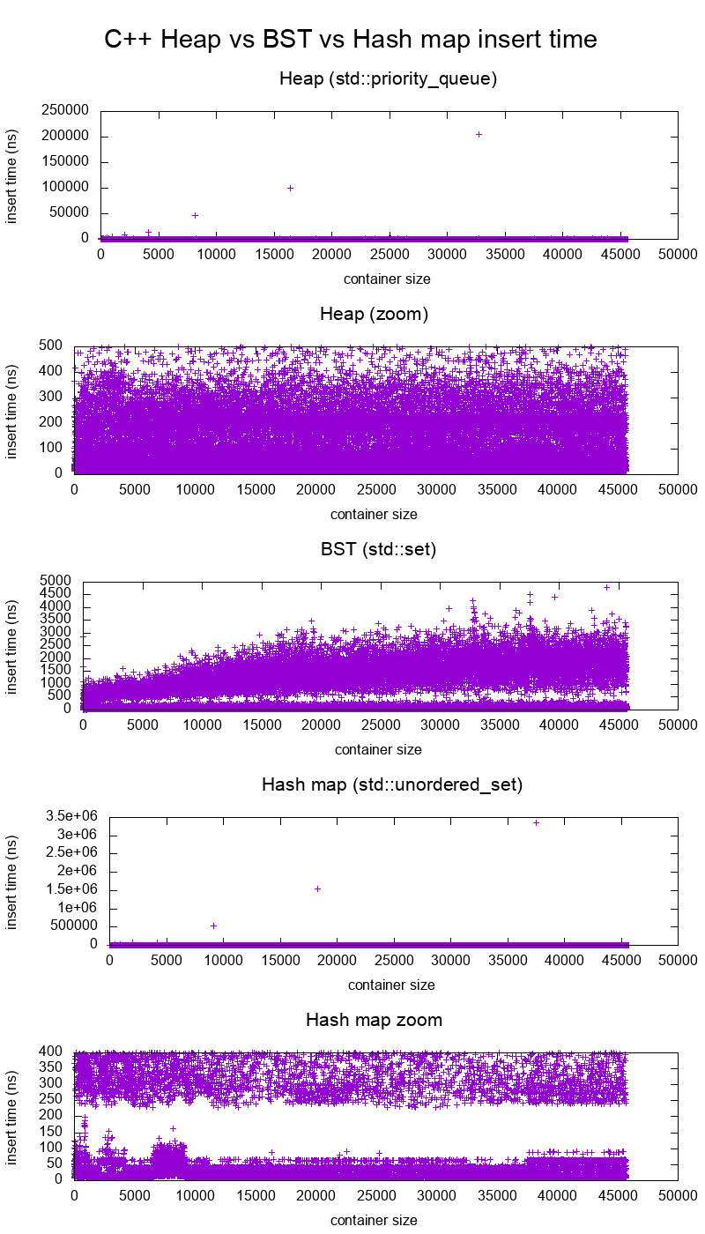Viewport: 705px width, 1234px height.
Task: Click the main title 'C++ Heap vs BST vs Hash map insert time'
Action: point(351,40)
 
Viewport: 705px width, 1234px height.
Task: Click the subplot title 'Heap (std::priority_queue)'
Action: point(389,78)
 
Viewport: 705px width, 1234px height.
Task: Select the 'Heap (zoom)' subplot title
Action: point(374,314)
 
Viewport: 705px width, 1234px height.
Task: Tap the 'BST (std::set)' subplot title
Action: point(379,549)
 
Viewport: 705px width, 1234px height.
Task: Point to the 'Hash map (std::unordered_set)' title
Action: point(392,784)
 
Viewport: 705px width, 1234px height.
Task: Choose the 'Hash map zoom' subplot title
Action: point(374,1020)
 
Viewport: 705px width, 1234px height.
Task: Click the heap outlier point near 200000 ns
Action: point(479,134)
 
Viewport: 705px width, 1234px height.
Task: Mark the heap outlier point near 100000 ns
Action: point(290,188)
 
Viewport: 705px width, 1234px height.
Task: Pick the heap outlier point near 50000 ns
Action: point(195,215)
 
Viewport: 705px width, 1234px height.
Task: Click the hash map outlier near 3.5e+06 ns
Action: point(536,822)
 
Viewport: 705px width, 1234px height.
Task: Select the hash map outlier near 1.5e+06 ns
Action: point(317,888)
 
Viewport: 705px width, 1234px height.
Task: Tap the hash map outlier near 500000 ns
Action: point(213,925)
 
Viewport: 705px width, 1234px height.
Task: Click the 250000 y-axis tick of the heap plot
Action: point(65,111)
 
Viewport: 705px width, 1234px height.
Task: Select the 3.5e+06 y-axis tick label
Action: point(69,816)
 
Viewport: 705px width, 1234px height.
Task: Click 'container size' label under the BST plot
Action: point(378,749)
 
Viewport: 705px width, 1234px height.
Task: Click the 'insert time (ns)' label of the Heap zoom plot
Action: point(12,410)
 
